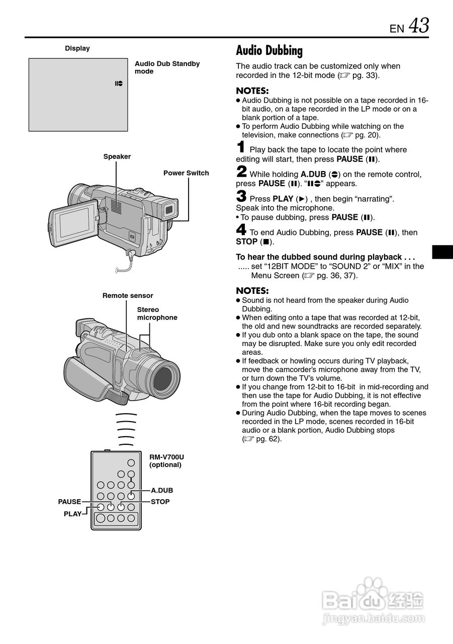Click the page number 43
point(419,26)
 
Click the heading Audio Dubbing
point(269,50)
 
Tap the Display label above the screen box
point(77,48)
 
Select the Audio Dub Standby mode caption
point(167,67)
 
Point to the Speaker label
point(117,156)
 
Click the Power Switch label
point(186,173)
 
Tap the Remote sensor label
point(128,295)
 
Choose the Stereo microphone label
point(157,313)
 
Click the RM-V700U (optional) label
point(166,461)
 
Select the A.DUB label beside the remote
point(162,490)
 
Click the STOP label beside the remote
point(160,502)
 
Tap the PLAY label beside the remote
point(72,514)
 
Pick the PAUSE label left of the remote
point(69,502)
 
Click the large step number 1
point(241,147)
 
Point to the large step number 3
point(241,197)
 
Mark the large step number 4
point(241,230)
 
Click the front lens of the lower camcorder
point(166,375)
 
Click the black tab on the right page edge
point(442,252)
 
